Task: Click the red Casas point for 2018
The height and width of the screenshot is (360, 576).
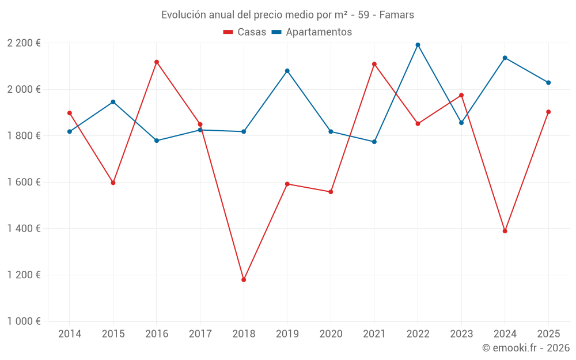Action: [x=244, y=280]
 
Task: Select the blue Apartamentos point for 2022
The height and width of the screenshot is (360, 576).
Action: [x=418, y=45]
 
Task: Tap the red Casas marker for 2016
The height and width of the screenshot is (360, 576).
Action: [x=157, y=62]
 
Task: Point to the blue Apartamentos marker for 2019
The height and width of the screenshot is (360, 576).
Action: [x=287, y=71]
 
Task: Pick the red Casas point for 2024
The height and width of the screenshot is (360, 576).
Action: [x=505, y=231]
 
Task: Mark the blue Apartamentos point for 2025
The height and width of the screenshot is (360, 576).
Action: [x=548, y=82]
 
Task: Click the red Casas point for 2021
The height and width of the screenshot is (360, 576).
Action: [x=374, y=65]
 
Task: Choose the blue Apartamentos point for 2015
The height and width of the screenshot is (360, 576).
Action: [x=113, y=102]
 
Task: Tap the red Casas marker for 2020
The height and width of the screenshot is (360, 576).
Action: [x=331, y=192]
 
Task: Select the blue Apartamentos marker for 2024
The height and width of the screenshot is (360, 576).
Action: [x=505, y=58]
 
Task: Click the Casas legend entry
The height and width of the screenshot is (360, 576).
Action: [x=245, y=32]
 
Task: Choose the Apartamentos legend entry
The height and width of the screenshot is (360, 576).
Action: [x=312, y=32]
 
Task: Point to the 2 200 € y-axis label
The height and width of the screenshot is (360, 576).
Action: [x=24, y=43]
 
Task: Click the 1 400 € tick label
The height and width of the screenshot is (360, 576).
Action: [x=24, y=229]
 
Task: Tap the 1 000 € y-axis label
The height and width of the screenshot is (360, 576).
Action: [x=24, y=321]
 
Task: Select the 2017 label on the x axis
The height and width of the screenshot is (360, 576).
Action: [x=200, y=334]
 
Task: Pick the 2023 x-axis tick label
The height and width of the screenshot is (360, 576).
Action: [x=461, y=334]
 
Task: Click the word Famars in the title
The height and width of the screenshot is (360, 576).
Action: [x=396, y=15]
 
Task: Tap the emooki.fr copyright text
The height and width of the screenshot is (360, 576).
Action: [x=526, y=347]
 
